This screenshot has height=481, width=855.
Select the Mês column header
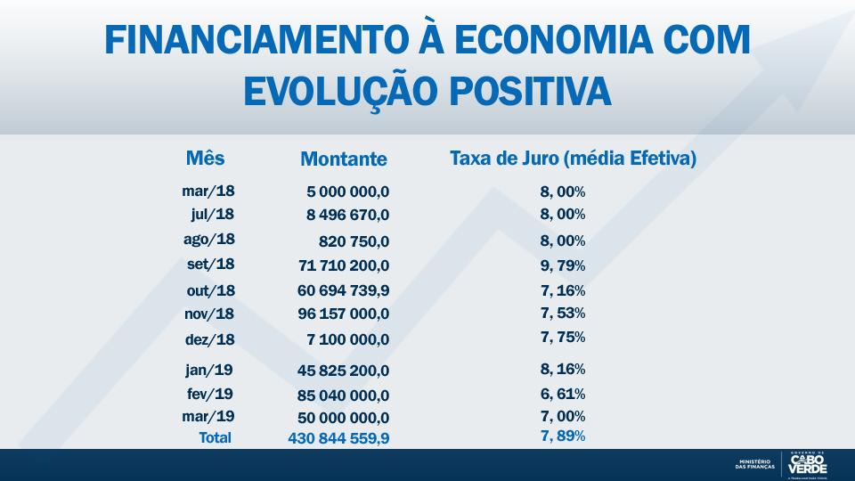pos(206,159)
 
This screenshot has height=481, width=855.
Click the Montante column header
pos(344,159)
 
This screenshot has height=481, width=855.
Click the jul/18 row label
pos(212,214)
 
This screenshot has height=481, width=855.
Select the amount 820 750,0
pos(354,241)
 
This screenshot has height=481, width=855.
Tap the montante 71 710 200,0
pos(344,265)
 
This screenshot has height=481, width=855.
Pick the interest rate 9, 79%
pos(562,265)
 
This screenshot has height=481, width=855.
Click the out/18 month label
pos(211,290)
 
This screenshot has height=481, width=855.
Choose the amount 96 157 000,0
pos(344,314)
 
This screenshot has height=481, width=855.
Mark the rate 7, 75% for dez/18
pos(562,337)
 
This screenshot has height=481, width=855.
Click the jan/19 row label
pos(209,370)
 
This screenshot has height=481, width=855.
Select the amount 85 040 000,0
pos(344,395)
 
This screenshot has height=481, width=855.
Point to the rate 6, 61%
pos(562,394)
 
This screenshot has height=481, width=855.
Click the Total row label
pos(215,437)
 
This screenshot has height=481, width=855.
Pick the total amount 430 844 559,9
pos(338,438)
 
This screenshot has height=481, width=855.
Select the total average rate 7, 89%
pos(562,435)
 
